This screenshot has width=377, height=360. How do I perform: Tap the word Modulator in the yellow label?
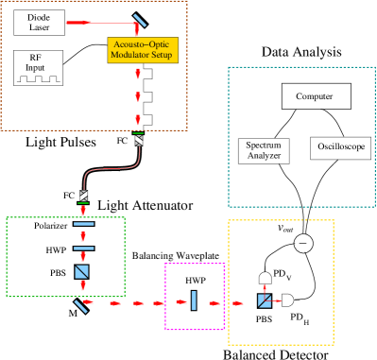(x=129, y=55)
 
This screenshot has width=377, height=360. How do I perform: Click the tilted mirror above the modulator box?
(x=139, y=20)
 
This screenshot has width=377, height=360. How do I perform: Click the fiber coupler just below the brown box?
(x=139, y=141)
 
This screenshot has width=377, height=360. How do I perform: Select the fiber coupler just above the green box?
(x=83, y=197)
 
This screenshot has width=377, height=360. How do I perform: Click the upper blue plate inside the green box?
(x=83, y=224)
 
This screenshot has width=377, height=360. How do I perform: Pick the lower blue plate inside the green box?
(x=83, y=248)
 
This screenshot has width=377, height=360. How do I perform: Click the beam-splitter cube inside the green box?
(x=82, y=272)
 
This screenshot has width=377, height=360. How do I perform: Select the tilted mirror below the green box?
(x=82, y=304)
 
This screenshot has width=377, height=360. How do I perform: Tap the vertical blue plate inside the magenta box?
(x=193, y=300)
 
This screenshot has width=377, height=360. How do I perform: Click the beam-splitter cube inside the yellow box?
(x=265, y=300)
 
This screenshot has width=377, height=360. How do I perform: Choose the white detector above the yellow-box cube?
(x=266, y=278)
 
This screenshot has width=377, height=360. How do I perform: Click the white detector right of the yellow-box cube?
(x=287, y=300)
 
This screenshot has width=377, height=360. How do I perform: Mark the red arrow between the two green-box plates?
(x=83, y=236)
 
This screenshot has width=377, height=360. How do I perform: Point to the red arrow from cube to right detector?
(x=276, y=300)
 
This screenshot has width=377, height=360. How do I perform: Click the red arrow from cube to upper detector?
(x=266, y=289)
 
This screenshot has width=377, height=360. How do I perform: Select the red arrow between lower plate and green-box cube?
(x=83, y=258)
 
